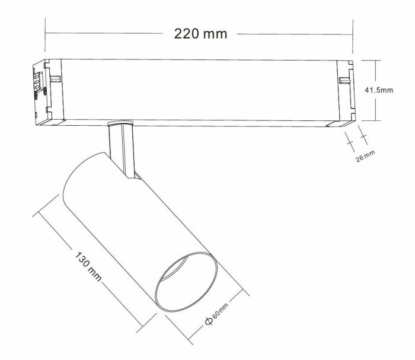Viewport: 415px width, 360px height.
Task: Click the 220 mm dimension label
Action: click(x=200, y=34)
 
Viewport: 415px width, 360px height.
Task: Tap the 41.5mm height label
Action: click(x=378, y=90)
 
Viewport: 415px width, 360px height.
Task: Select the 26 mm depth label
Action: click(x=366, y=157)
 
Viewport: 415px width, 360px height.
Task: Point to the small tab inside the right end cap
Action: click(x=343, y=80)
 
